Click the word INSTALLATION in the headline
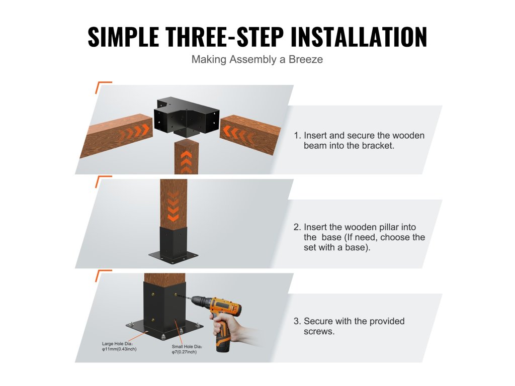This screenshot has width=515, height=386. (x=359, y=36)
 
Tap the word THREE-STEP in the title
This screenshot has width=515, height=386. (x=225, y=36)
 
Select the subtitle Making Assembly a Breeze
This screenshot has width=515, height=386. (x=257, y=59)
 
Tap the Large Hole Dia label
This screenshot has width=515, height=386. (x=119, y=346)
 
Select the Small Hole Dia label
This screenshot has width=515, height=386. (x=187, y=349)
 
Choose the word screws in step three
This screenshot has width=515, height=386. (x=318, y=332)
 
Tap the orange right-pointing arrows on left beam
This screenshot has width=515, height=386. (x=135, y=132)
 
